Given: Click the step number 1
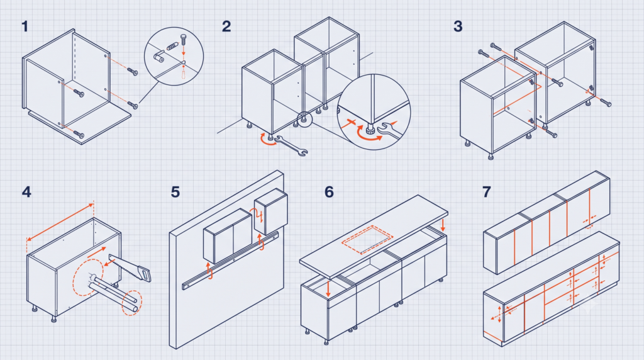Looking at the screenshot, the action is tap(25, 26).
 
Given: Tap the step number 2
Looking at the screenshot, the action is tap(226, 26).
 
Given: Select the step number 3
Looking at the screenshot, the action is tap(458, 26).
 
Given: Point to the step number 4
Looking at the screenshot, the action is tap(26, 192).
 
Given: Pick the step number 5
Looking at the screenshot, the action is tap(175, 192).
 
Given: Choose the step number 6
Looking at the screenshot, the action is tap(329, 192).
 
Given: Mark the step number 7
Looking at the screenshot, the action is tap(487, 192).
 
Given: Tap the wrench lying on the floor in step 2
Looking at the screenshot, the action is tap(291, 146).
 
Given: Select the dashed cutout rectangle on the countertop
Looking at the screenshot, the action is tap(367, 240).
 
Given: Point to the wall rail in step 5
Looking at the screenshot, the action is tap(230, 261).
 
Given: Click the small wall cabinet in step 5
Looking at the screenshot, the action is tap(270, 211).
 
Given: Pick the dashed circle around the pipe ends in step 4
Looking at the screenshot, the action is tap(132, 303).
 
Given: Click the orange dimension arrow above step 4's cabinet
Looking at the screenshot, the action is tap(60, 222).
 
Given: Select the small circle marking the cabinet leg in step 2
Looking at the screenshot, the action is tap(304, 119).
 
